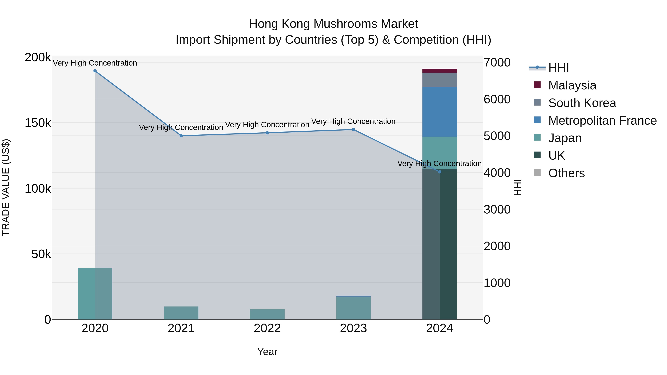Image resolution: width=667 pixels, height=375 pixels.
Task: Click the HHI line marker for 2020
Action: tap(95, 71)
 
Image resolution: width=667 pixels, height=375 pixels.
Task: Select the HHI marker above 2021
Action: tap(181, 136)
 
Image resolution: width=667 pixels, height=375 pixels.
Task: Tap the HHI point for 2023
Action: tap(354, 130)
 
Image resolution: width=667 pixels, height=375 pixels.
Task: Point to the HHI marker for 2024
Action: tap(439, 172)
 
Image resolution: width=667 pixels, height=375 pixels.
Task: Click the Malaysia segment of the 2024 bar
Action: tap(439, 71)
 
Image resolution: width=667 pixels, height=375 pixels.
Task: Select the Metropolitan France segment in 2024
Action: tap(439, 112)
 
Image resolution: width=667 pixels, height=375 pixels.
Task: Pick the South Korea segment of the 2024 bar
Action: tap(439, 80)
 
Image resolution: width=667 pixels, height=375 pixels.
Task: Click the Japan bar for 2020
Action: tap(95, 294)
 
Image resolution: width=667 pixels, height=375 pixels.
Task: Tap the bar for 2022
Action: tap(267, 314)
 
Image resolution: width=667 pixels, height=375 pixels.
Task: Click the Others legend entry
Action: tap(566, 173)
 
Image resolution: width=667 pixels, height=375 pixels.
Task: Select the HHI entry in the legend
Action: tap(558, 68)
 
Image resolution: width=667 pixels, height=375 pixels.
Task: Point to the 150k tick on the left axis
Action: tap(38, 123)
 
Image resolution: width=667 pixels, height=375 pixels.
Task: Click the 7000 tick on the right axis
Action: tap(497, 62)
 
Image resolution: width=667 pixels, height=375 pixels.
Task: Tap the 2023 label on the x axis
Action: tap(354, 328)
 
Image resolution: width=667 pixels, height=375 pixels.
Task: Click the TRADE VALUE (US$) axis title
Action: tap(6, 187)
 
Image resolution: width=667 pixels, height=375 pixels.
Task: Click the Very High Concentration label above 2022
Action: tap(267, 125)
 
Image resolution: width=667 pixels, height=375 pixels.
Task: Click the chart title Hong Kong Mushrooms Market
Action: tap(333, 24)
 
